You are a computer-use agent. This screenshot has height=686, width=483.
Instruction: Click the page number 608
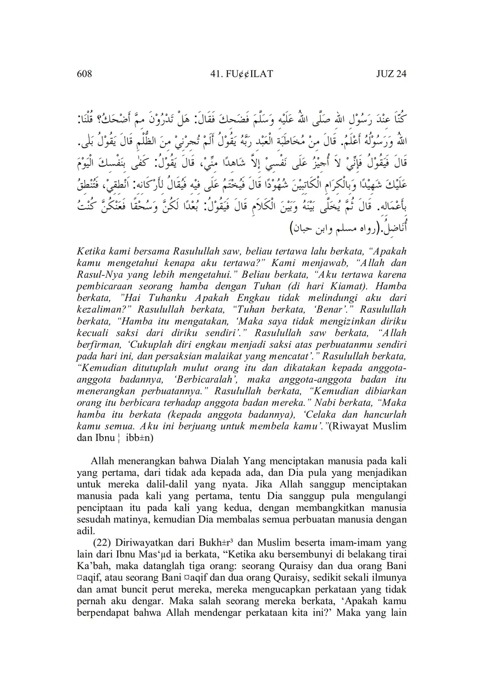[85, 74]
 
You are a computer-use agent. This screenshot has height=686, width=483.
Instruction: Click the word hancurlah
[383, 414]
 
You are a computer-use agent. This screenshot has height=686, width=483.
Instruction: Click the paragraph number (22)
[102, 542]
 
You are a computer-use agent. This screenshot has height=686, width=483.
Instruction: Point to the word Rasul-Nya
[97, 274]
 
